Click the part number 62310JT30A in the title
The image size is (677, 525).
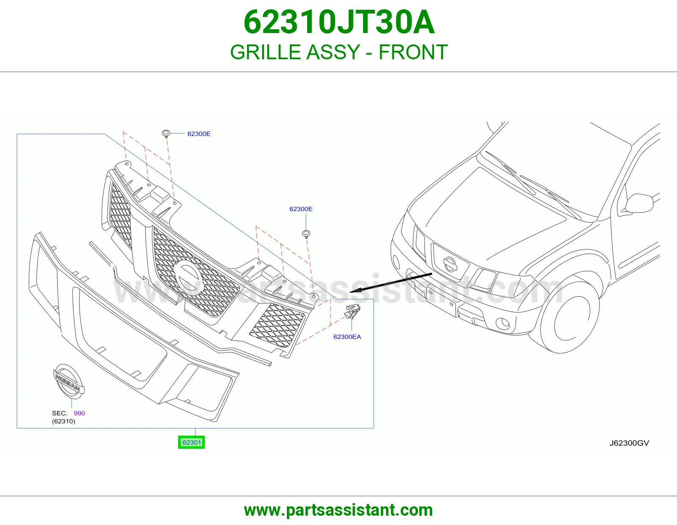pos(339,22)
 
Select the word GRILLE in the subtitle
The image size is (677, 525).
pos(265,52)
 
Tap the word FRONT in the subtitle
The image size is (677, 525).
pos(413,52)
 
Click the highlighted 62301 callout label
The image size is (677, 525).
pos(191,442)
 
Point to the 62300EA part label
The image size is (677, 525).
pos(347,337)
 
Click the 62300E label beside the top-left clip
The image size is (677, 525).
pos(199,134)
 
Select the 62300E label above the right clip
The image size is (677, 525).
pos(301,209)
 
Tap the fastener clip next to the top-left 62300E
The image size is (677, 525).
pos(166,134)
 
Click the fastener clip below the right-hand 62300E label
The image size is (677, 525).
pos(306,234)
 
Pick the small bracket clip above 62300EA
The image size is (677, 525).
pos(352,311)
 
